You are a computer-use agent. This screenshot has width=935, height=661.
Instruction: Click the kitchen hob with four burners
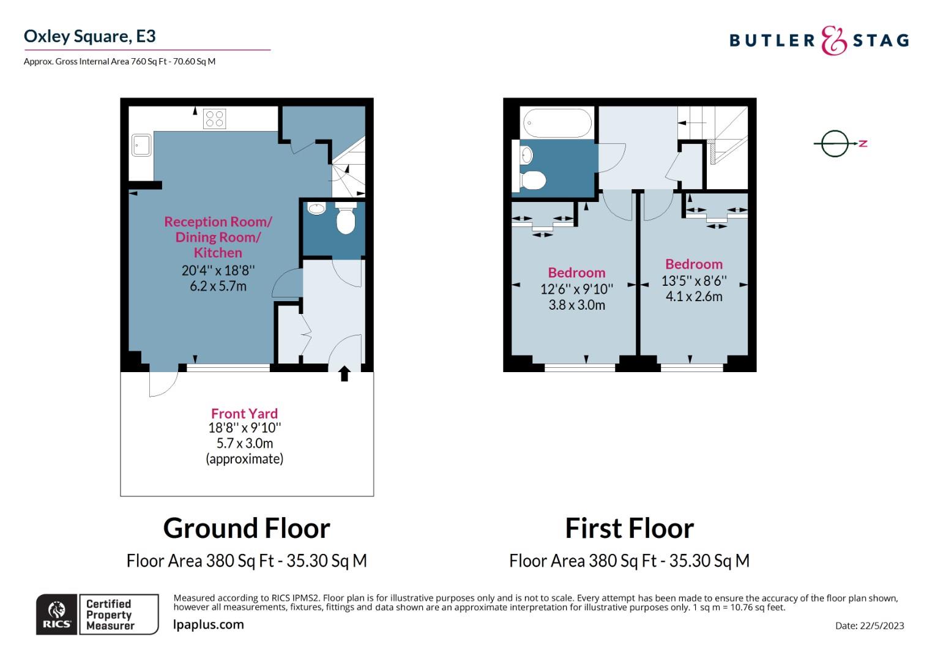(x=215, y=119)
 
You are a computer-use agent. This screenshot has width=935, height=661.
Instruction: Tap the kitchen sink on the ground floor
(x=141, y=145)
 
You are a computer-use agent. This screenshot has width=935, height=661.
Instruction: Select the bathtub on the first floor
(x=557, y=123)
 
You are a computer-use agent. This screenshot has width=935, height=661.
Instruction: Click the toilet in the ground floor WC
(x=346, y=218)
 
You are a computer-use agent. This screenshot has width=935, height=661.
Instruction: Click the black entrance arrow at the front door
(x=344, y=374)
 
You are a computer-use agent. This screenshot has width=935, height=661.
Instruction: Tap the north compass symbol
(x=840, y=144)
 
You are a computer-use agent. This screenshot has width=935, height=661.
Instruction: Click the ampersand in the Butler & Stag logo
(x=833, y=40)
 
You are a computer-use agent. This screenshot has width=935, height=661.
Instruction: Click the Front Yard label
(x=244, y=413)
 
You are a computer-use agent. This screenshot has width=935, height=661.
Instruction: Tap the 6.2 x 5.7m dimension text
(x=218, y=286)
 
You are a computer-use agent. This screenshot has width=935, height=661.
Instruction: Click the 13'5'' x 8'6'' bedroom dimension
(x=694, y=280)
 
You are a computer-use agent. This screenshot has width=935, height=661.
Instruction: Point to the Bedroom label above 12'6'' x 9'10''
(x=576, y=273)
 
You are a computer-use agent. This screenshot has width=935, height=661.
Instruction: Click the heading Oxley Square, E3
(x=90, y=36)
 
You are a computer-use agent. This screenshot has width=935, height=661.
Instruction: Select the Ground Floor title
(x=247, y=528)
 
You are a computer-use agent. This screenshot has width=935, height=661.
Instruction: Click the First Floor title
(x=630, y=528)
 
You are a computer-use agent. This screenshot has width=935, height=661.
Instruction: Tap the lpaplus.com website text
(x=208, y=625)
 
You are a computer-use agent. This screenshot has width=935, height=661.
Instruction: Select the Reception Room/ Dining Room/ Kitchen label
(x=218, y=237)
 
